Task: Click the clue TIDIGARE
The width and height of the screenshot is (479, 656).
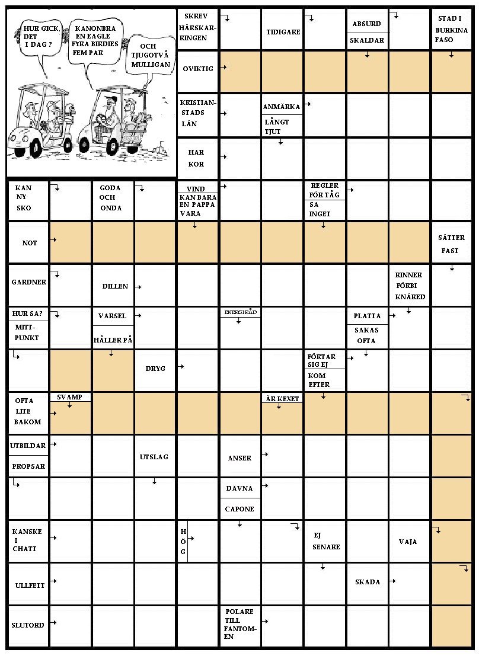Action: pyautogui.click(x=283, y=31)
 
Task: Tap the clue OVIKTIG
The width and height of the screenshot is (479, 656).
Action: pyautogui.click(x=198, y=69)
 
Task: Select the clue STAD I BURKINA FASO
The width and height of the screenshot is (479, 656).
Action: pyautogui.click(x=452, y=29)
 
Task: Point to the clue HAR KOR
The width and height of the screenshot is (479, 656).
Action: pyautogui.click(x=196, y=158)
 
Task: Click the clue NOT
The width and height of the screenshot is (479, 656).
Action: pyautogui.click(x=29, y=243)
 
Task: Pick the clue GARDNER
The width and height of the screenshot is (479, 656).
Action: pyautogui.click(x=28, y=282)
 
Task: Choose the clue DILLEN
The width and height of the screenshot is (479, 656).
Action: pyautogui.click(x=114, y=286)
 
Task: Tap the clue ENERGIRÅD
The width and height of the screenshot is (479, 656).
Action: pyautogui.click(x=240, y=312)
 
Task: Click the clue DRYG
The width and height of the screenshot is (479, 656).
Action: pyautogui.click(x=155, y=369)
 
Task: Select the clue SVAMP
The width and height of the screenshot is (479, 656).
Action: pyautogui.click(x=69, y=397)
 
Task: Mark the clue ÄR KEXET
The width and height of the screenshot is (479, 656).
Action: pyautogui.click(x=282, y=399)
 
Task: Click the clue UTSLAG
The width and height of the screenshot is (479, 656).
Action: pyautogui.click(x=154, y=457)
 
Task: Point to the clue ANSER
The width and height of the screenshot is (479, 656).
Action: pyautogui.click(x=239, y=458)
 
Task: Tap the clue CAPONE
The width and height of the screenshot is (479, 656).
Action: pyautogui.click(x=239, y=509)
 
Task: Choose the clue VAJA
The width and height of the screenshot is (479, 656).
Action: pyautogui.click(x=408, y=542)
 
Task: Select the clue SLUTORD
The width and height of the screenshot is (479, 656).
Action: pyautogui.click(x=28, y=625)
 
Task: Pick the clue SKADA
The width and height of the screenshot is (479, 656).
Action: pyautogui.click(x=368, y=582)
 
